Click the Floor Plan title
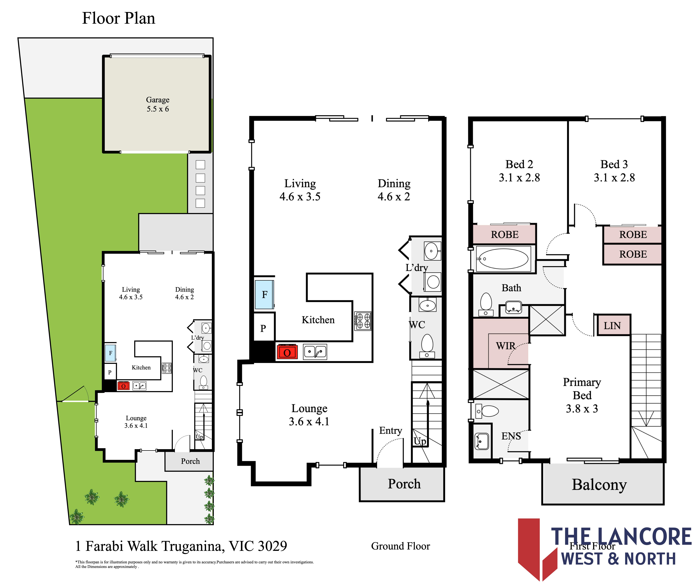tap(118, 18)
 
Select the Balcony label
tap(599, 485)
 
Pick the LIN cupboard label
tap(612, 326)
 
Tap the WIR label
tap(506, 346)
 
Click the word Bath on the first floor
tap(511, 288)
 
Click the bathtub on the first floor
tap(503, 259)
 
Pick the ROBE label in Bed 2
tap(505, 234)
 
